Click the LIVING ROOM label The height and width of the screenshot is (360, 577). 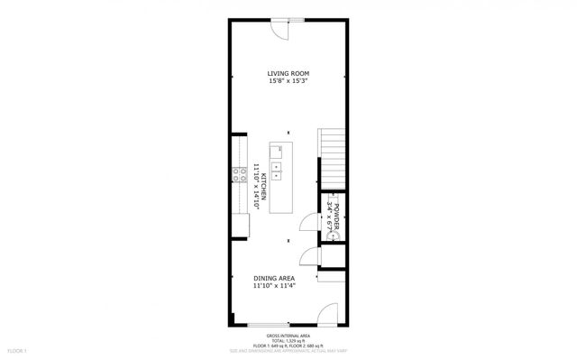click(x=288, y=73)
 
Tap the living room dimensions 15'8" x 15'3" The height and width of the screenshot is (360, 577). click(x=288, y=81)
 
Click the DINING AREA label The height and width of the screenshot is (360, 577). click(x=276, y=279)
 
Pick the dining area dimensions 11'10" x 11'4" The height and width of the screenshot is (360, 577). click(x=276, y=287)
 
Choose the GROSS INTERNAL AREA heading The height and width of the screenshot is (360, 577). click(x=288, y=333)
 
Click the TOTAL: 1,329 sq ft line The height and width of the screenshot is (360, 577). click(x=288, y=339)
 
